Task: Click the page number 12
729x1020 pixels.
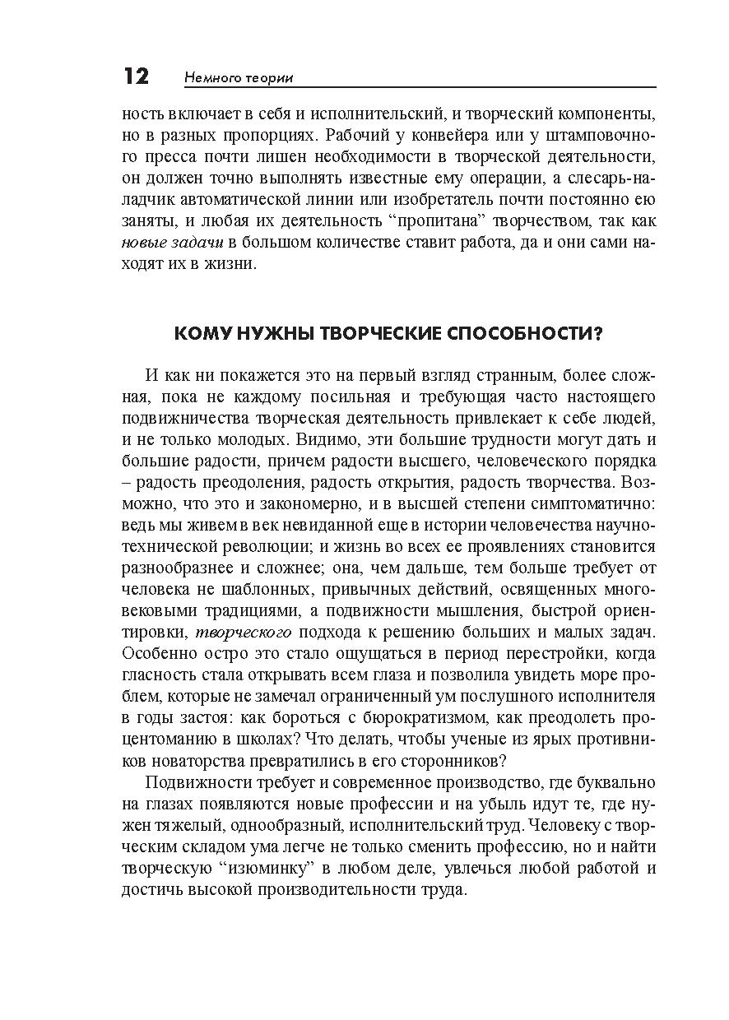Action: pyautogui.click(x=136, y=76)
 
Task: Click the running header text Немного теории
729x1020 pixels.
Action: pyautogui.click(x=239, y=78)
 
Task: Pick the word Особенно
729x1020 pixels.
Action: pyautogui.click(x=156, y=654)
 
